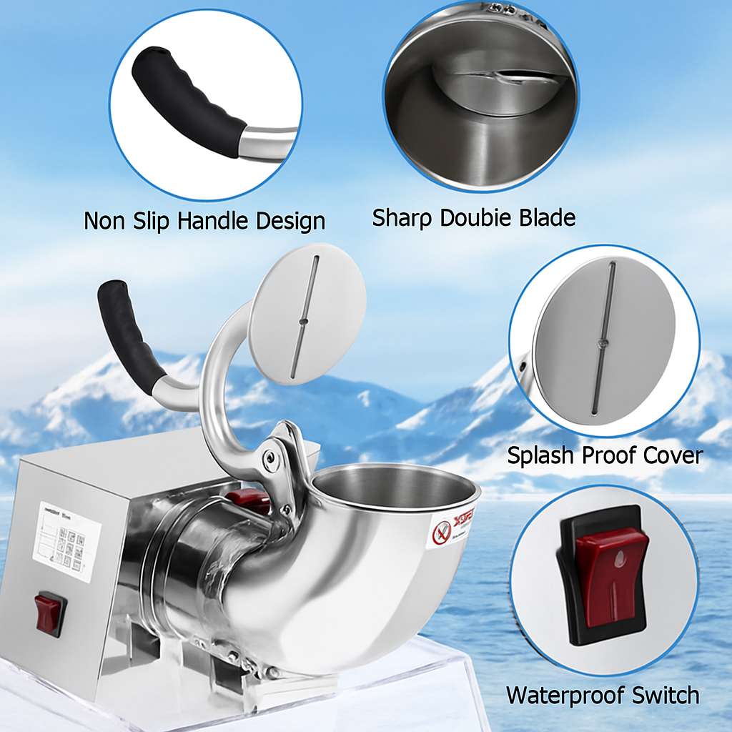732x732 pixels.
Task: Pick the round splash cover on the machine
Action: (307, 315)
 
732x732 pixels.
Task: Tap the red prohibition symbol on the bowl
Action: (442, 532)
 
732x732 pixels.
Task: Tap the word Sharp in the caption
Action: (401, 217)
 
